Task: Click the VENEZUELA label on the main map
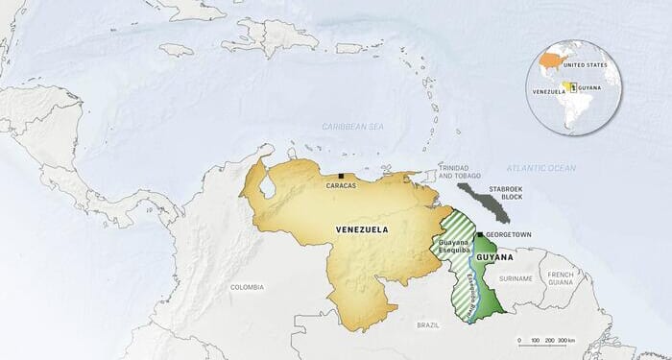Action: pos(362,229)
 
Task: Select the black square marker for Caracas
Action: pos(343,176)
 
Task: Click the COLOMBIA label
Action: pos(247,287)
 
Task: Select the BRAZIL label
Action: pos(427,325)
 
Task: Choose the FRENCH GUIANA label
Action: pos(588,277)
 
